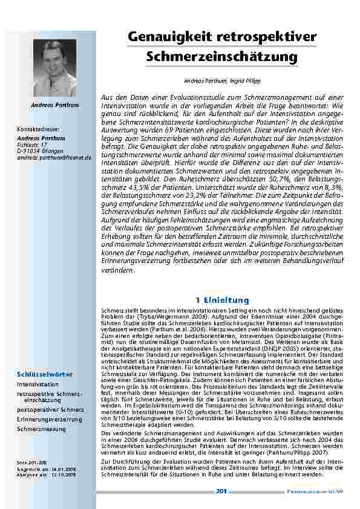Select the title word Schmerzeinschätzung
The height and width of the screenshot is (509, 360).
point(223,57)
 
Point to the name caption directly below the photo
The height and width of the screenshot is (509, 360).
point(55,105)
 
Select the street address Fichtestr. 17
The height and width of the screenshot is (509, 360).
point(34,143)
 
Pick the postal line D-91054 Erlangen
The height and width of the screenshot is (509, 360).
point(38,150)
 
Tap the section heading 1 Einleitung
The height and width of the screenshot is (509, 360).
point(223,300)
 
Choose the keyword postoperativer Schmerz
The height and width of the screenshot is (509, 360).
point(50,409)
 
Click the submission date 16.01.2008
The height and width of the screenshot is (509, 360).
point(64,468)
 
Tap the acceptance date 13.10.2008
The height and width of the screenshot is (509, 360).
point(64,475)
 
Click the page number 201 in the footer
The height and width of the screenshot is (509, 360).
point(221,491)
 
